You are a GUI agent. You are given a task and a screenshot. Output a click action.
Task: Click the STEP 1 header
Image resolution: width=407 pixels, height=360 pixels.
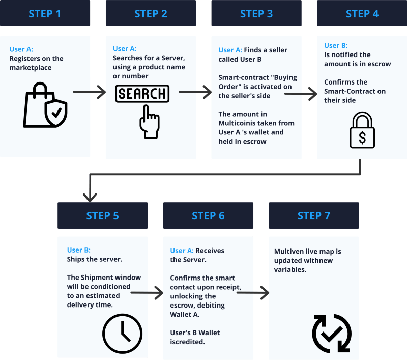coord(45,13)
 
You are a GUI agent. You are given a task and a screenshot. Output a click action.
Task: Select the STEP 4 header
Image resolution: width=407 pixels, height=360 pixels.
coord(362,13)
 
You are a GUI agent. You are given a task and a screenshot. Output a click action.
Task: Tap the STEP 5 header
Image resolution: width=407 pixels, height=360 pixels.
coord(102,215)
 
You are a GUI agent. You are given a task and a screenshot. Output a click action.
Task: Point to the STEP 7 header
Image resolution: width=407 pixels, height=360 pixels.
coord(313,215)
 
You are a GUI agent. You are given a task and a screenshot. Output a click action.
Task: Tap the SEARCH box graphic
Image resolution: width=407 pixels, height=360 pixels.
coord(142,94)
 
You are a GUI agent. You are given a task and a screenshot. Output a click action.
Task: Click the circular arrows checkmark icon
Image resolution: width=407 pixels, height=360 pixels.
coord(331,334)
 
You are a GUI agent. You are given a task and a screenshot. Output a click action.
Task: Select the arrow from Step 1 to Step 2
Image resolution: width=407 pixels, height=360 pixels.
coord(89,92)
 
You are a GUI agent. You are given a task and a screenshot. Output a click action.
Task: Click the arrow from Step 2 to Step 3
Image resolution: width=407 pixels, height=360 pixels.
coord(195,92)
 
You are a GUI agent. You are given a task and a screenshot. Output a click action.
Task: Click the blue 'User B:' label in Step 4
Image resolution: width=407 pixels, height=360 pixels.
coord(335,46)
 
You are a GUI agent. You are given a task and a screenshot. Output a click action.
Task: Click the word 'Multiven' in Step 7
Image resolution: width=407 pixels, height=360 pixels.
coord(288,251)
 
